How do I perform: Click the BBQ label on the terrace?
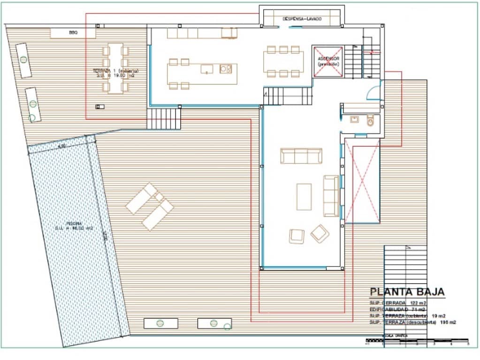(x=73, y=33)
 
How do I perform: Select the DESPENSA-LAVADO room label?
(x=302, y=19)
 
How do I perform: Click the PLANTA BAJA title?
(x=407, y=292)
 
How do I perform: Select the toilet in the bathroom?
(x=371, y=120)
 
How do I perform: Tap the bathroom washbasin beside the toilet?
(x=354, y=120)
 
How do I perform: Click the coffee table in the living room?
(x=304, y=196)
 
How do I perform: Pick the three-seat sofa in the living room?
(x=301, y=156)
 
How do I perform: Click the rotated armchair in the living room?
(x=320, y=233)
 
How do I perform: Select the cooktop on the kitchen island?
(x=226, y=69)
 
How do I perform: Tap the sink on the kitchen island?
(x=207, y=69)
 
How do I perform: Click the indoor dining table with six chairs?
(x=282, y=61)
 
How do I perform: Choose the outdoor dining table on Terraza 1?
(x=115, y=68)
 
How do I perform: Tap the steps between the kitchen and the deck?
(x=164, y=119)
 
